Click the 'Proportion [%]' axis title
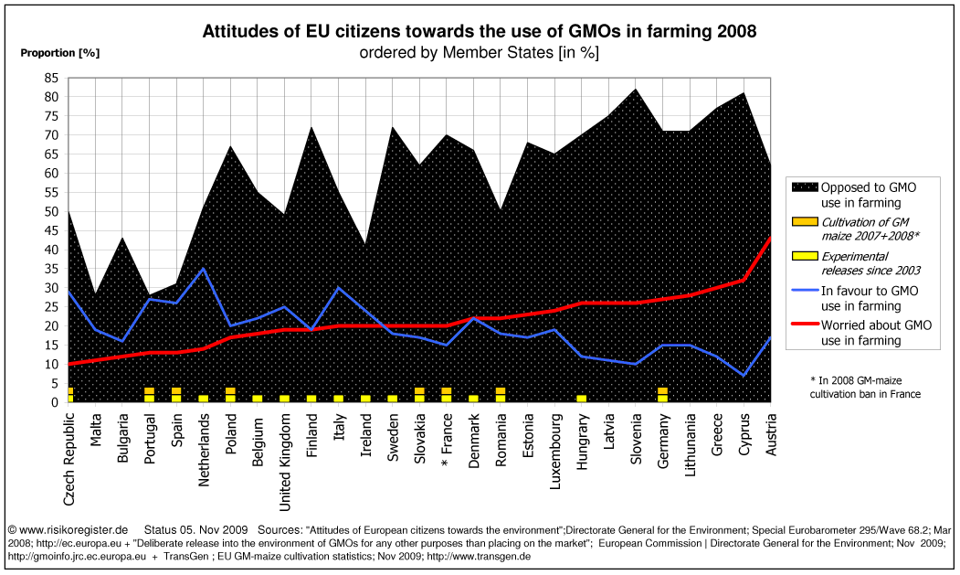pos(59,52)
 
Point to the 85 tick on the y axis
pos(51,78)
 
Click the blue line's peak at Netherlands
pos(204,269)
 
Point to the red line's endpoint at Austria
pos(771,238)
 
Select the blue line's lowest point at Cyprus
pos(744,375)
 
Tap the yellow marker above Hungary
pos(582,398)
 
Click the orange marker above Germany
pos(663,394)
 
